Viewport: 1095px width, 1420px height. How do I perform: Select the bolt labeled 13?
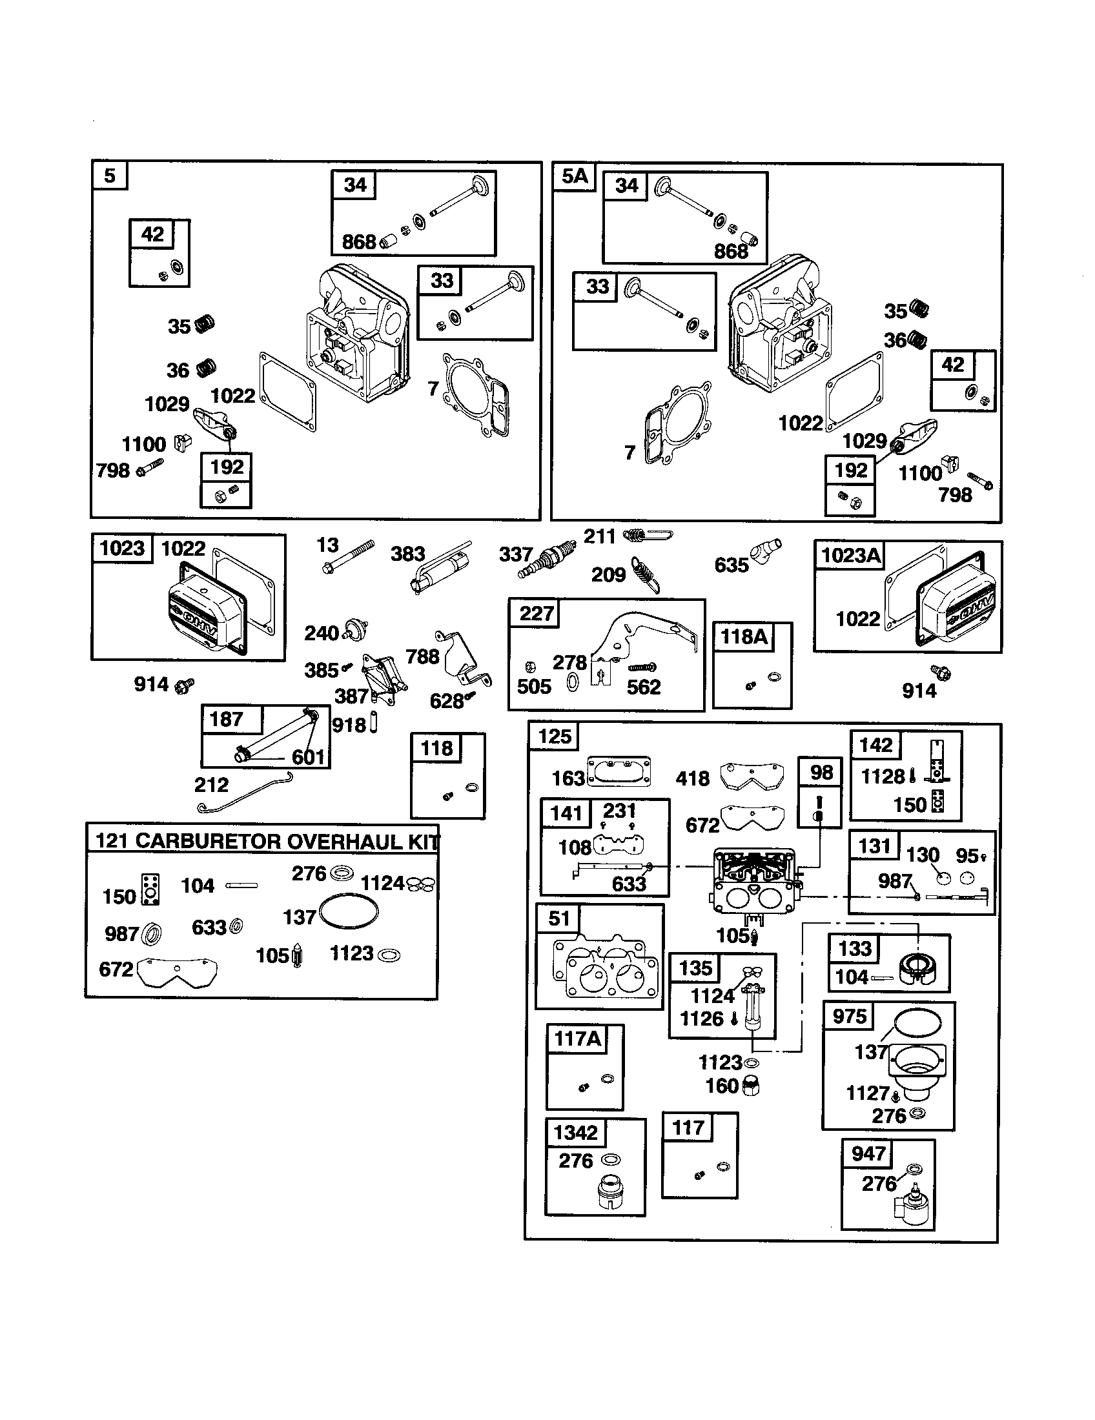(x=348, y=557)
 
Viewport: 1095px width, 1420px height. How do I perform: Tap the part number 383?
(x=407, y=554)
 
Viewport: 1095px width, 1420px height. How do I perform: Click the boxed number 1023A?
(x=851, y=555)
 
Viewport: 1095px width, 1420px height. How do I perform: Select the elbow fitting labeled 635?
(x=766, y=551)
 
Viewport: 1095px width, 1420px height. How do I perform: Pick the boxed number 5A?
(x=574, y=176)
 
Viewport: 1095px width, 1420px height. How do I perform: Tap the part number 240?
(x=322, y=633)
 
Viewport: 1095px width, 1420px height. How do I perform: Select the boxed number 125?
(x=554, y=736)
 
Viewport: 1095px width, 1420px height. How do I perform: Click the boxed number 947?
(x=868, y=1154)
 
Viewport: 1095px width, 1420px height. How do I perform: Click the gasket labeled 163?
(x=619, y=772)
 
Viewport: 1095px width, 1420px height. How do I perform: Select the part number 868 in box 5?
(x=358, y=243)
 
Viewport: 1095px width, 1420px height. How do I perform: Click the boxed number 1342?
(x=575, y=1133)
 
